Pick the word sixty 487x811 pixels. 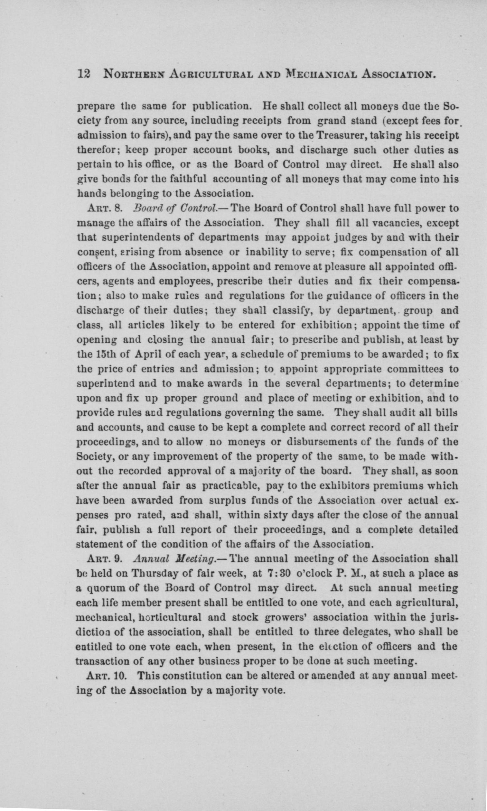[x=264, y=515]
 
